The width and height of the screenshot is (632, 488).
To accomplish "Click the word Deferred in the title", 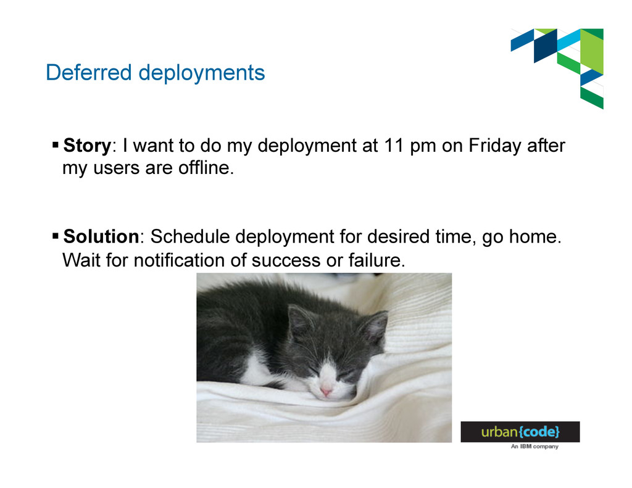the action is click(89, 73).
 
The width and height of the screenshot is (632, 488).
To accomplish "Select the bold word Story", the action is click(87, 146).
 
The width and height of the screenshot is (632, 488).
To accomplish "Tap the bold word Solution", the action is click(101, 236).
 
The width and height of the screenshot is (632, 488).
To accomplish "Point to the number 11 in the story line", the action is click(393, 146).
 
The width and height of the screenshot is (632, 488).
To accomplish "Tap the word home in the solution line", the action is click(535, 236).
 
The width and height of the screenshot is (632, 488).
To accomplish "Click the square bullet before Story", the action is click(56, 144).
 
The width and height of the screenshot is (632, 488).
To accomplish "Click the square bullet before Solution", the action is click(56, 236).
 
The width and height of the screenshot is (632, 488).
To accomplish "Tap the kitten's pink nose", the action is click(326, 391).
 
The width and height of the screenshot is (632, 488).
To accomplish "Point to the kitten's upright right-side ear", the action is click(373, 326).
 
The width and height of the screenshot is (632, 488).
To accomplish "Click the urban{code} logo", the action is click(520, 432).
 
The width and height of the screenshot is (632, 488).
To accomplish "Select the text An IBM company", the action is click(534, 447).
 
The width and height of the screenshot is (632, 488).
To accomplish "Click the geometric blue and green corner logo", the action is click(557, 68).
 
